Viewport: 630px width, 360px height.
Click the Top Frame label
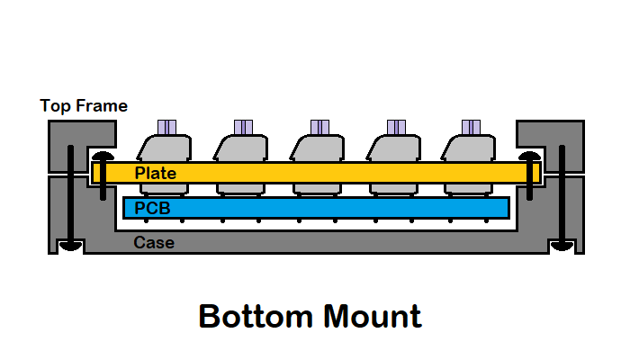[x=84, y=106]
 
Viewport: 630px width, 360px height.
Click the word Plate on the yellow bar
[x=156, y=173]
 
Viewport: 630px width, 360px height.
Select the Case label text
[x=154, y=242]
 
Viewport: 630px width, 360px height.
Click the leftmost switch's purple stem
[x=166, y=127]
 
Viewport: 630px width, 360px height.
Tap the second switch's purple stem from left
[x=242, y=127]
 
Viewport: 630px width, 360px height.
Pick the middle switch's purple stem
[x=319, y=127]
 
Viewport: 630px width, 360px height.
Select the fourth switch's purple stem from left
[x=395, y=127]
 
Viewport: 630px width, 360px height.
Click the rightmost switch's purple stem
[x=471, y=127]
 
